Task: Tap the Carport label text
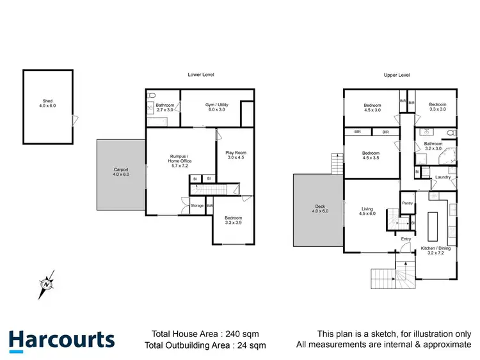point(121,171)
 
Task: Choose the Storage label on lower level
point(197,206)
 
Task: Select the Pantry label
point(407,203)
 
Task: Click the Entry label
point(406,239)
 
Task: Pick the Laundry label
point(443,177)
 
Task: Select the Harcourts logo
point(61,340)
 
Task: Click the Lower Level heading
point(200,75)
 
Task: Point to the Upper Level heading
point(396,75)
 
